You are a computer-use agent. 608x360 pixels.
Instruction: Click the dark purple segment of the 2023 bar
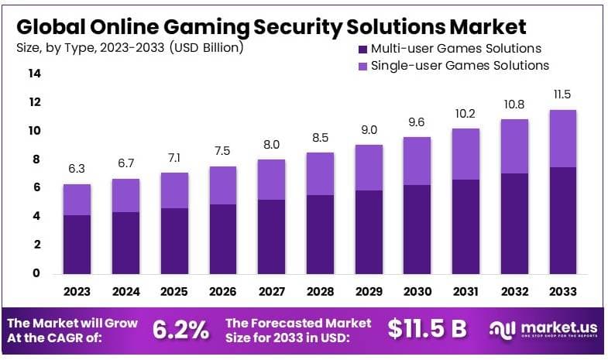tap(77, 243)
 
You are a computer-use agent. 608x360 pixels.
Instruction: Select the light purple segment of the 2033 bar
tap(562, 139)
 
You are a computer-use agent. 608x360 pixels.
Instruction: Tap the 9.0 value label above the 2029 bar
tap(369, 130)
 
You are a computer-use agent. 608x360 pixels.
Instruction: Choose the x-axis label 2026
tap(223, 293)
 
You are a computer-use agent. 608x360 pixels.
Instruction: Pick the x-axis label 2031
tap(465, 293)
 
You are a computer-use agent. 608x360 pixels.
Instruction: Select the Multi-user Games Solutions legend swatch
tap(362, 49)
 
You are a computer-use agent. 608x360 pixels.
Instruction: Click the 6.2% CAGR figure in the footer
tap(180, 329)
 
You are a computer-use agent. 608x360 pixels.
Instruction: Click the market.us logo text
tap(553, 327)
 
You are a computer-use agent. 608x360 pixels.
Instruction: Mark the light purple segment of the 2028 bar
tap(321, 173)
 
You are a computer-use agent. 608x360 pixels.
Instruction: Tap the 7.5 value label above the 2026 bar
tap(223, 151)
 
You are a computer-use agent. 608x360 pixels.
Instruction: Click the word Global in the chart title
tap(51, 27)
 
